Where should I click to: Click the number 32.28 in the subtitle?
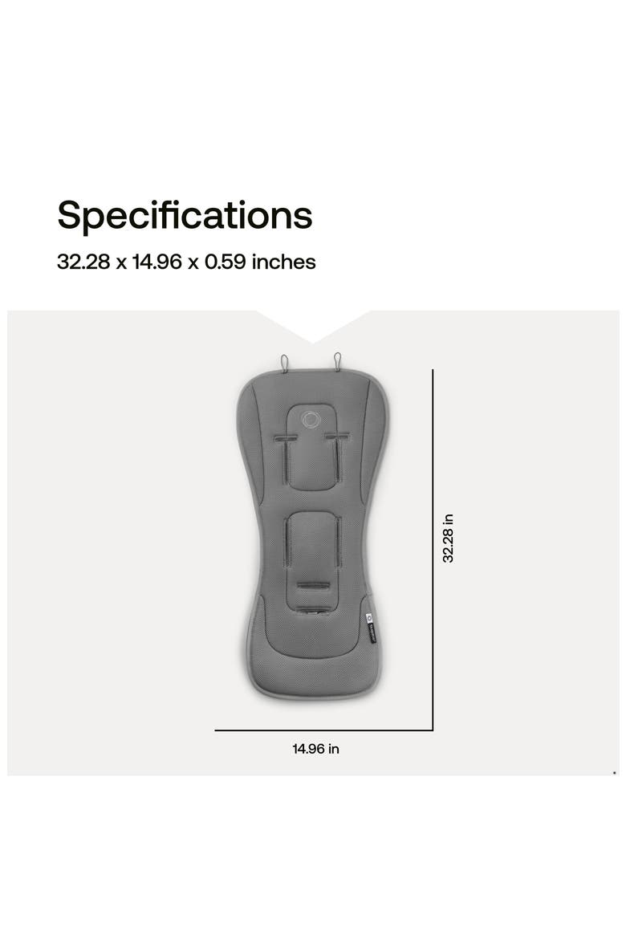[x=83, y=262]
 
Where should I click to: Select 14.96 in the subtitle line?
[x=157, y=262]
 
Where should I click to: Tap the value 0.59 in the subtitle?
[x=226, y=262]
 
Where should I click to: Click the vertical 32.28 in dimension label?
[x=448, y=538]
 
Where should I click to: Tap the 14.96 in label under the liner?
[x=315, y=749]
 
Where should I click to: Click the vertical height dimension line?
[x=433, y=550]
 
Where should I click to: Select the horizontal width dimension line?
[x=323, y=730]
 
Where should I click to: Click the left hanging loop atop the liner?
[x=285, y=362]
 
